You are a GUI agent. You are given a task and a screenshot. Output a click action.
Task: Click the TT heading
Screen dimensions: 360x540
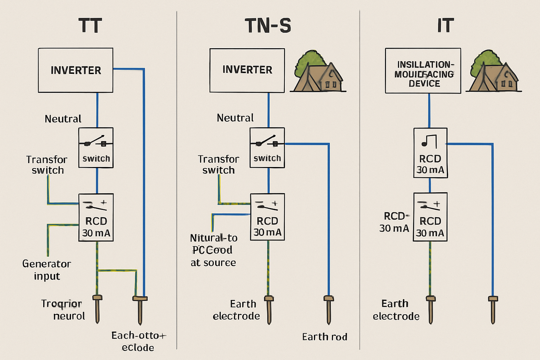pos(90,26)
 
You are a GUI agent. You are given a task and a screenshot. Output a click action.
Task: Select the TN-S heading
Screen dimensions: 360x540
pos(268,26)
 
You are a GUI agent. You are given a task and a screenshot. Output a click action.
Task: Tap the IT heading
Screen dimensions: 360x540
pos(445,26)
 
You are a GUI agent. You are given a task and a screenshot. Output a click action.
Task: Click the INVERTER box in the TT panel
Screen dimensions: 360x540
pos(76,70)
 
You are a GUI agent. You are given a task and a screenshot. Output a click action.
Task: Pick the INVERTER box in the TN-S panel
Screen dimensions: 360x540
pos(247,70)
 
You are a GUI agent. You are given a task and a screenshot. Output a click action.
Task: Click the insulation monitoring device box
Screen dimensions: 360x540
pos(423,71)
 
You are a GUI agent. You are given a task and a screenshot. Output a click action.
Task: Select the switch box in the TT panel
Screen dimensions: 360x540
pos(96,148)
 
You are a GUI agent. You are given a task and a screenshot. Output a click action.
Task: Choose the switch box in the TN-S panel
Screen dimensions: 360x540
pos(267,148)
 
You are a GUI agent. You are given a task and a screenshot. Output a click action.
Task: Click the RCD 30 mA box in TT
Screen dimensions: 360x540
pos(96,217)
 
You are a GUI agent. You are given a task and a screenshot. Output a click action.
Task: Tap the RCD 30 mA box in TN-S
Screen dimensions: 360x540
pos(267,217)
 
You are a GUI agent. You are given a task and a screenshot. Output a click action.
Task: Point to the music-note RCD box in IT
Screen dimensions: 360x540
pos(430,153)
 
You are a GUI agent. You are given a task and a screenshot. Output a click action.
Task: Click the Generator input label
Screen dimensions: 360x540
pos(47,270)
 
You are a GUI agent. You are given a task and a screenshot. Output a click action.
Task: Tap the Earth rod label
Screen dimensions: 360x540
pos(324,337)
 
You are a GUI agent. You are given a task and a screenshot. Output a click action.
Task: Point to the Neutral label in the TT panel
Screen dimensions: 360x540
pos(63,119)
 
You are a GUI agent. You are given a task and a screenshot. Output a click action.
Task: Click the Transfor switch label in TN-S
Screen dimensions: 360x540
pos(219,165)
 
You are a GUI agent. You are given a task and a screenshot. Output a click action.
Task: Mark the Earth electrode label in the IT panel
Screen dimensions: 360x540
pos(396,310)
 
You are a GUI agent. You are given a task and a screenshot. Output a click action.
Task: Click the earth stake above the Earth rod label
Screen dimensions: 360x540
pos(329,309)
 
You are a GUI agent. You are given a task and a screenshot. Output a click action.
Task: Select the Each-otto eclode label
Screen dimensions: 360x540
pos(138,341)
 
